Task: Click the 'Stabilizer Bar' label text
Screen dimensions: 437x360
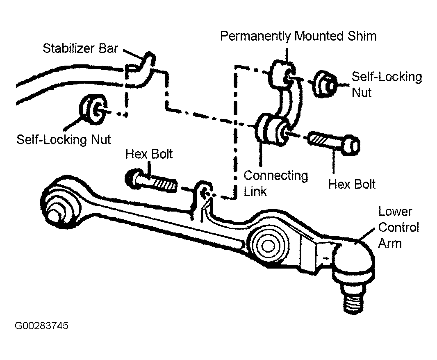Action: click(80, 48)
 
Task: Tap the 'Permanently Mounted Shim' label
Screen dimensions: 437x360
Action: click(298, 36)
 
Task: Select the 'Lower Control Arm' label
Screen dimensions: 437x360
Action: click(398, 228)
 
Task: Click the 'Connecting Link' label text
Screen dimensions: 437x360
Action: click(275, 184)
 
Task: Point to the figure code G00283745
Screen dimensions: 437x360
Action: click(41, 326)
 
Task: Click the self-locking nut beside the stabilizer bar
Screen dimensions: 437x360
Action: click(93, 109)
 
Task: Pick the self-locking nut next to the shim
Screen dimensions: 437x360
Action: click(325, 84)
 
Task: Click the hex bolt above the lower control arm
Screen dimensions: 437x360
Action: click(151, 181)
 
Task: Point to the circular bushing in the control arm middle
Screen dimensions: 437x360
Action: click(268, 245)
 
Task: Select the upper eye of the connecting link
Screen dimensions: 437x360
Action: click(282, 75)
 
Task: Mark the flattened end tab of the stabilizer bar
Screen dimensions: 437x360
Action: click(141, 69)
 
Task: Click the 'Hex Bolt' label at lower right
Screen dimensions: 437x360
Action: click(352, 185)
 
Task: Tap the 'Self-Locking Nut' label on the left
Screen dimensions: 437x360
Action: click(64, 139)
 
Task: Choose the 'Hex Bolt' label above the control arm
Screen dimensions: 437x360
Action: click(149, 154)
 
